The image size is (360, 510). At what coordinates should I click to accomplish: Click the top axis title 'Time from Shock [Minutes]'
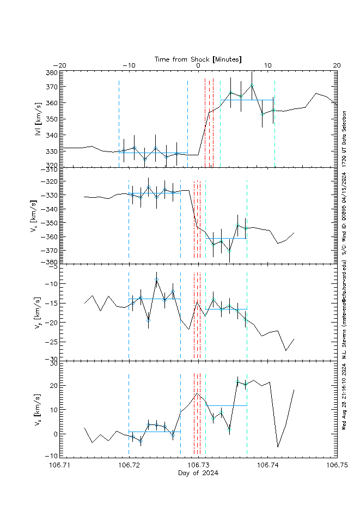[x=198, y=58]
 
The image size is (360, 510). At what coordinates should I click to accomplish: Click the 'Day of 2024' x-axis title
[x=198, y=472]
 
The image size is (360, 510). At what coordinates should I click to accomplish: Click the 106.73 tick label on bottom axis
[x=198, y=465]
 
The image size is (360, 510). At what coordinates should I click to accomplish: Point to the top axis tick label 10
[x=267, y=65]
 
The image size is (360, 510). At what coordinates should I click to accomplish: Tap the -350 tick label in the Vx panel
[x=50, y=223]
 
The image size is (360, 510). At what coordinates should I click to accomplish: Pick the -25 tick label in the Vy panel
[x=52, y=342]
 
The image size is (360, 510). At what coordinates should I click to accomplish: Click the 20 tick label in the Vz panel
[x=54, y=385]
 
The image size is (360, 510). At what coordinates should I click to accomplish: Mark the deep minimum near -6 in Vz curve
[x=278, y=447]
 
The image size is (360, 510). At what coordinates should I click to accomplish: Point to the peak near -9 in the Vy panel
[x=156, y=279]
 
